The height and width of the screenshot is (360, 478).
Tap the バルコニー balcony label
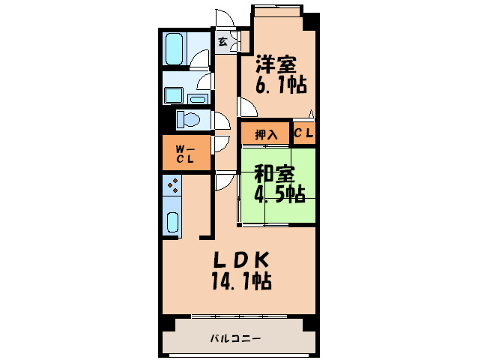tap(235, 338)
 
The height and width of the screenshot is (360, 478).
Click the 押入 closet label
tap(266, 135)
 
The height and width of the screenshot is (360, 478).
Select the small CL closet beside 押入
tap(303, 134)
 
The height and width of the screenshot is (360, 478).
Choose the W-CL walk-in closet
tap(185, 154)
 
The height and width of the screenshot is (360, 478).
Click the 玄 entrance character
tap(223, 42)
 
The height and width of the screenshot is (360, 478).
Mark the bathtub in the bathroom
tap(174, 50)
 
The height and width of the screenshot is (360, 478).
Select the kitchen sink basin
tap(172, 223)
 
